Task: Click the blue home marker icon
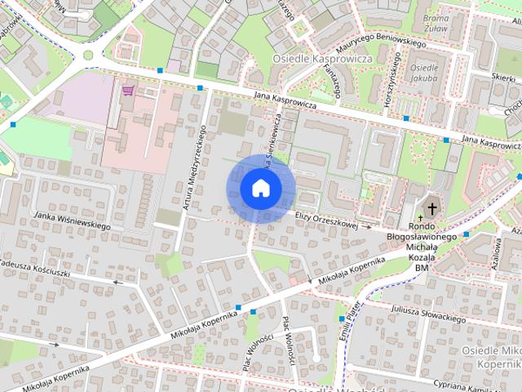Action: (260, 189)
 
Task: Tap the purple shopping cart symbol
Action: (127, 91)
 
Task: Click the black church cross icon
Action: (431, 207)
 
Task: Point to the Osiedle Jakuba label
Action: (424, 73)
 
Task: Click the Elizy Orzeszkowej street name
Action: (328, 218)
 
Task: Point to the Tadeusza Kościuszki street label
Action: (38, 269)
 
